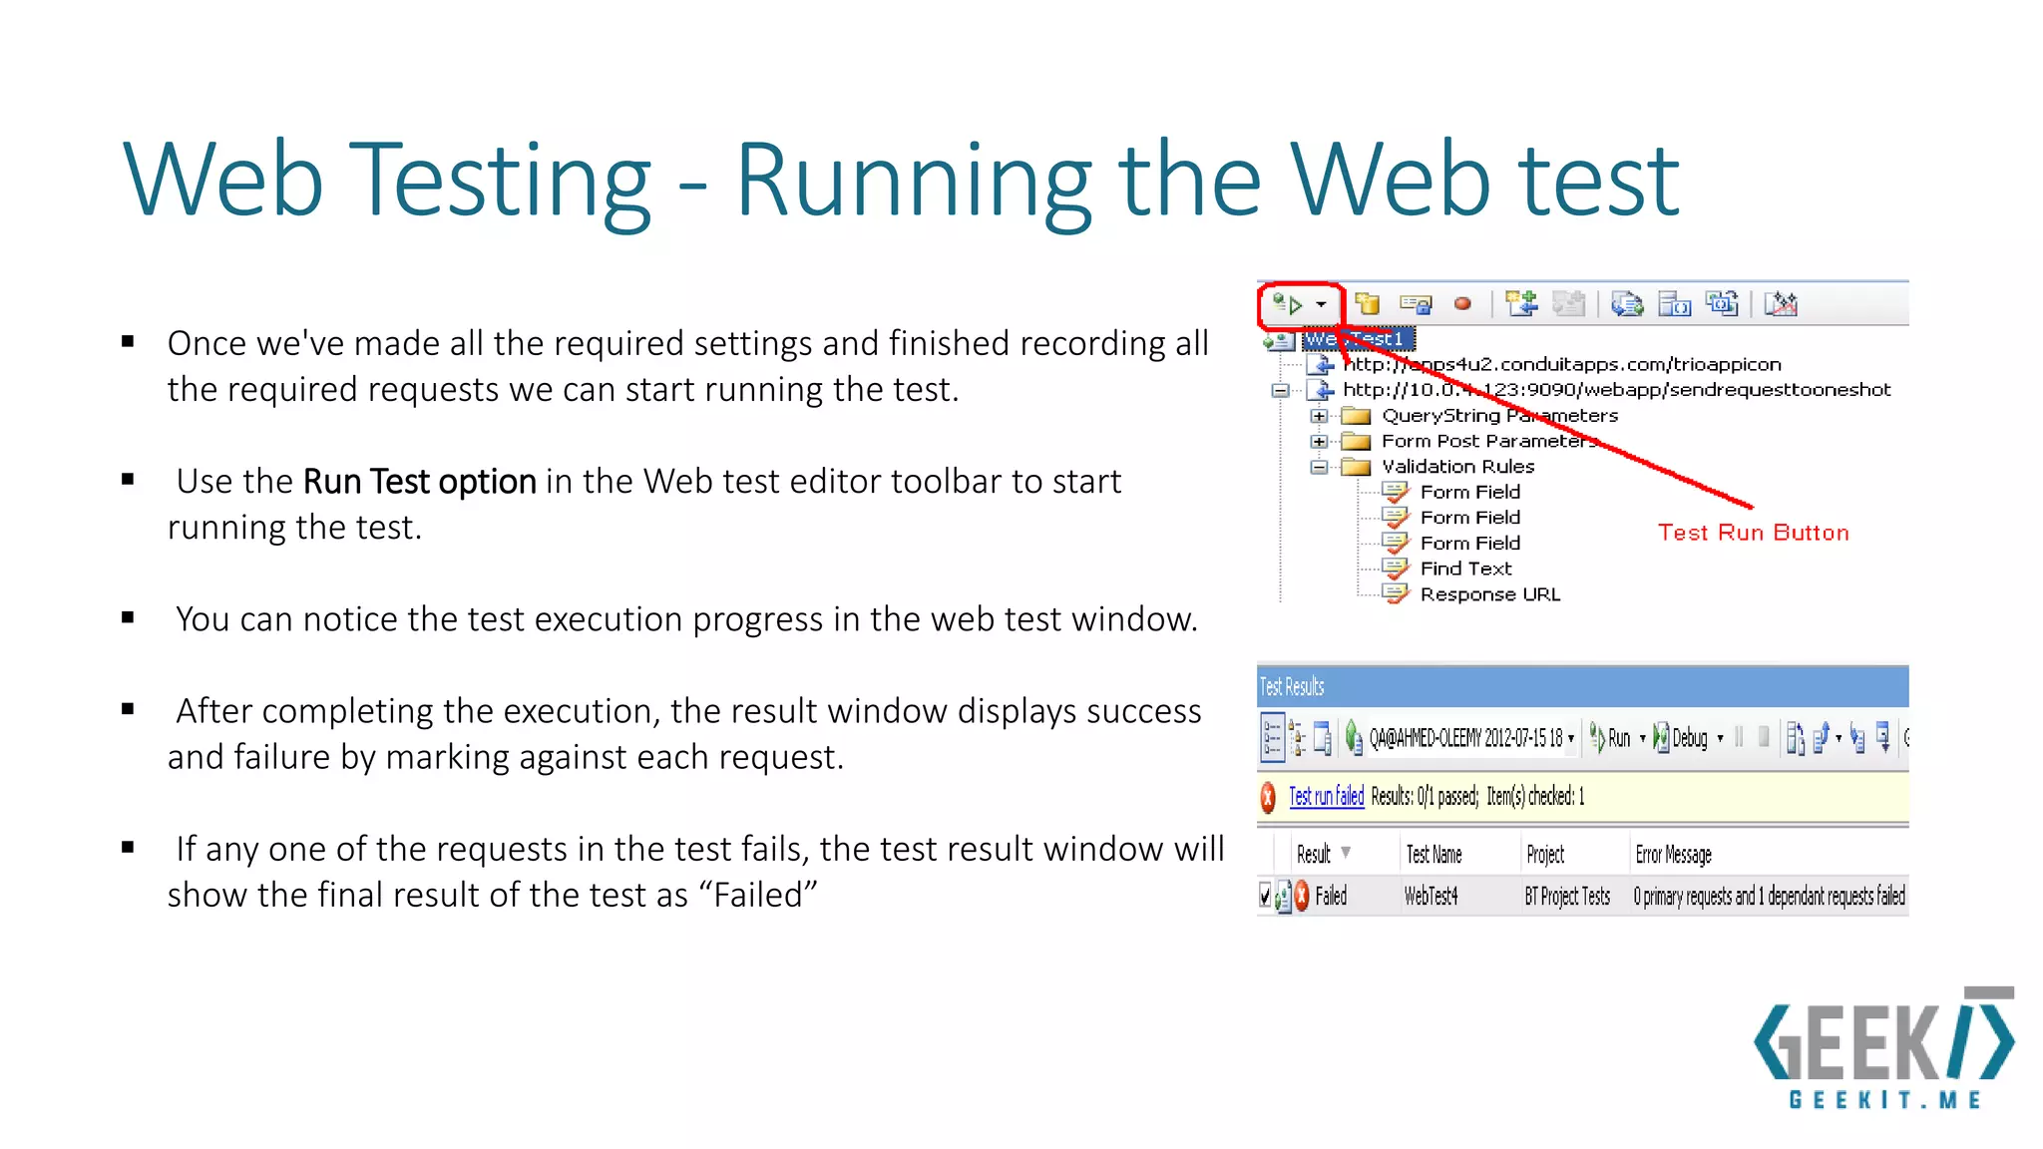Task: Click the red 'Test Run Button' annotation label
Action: [x=1753, y=533]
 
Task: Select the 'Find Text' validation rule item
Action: [x=1465, y=569]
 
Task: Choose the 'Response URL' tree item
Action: [x=1489, y=594]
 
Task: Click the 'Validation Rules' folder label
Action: [x=1457, y=467]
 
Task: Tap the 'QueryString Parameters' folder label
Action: [x=1499, y=416]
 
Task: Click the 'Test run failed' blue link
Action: [x=1326, y=796]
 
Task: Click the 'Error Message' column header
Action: [x=1673, y=855]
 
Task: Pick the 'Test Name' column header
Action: [x=1433, y=855]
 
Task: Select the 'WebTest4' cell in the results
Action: [x=1430, y=897]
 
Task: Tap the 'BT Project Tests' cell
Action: [x=1566, y=897]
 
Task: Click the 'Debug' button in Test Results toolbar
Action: [x=1689, y=738]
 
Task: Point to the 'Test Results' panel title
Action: [x=1292, y=687]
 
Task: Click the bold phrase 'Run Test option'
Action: [x=419, y=482]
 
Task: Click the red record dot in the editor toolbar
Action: [x=1462, y=304]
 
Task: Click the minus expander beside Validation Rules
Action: [x=1319, y=467]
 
